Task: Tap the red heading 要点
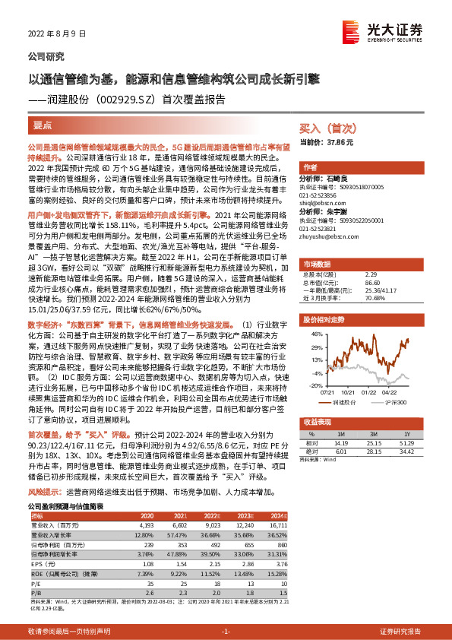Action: (x=43, y=123)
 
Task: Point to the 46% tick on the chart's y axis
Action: (x=318, y=334)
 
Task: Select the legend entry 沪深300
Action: (x=395, y=401)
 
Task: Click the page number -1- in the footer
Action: (x=226, y=632)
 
